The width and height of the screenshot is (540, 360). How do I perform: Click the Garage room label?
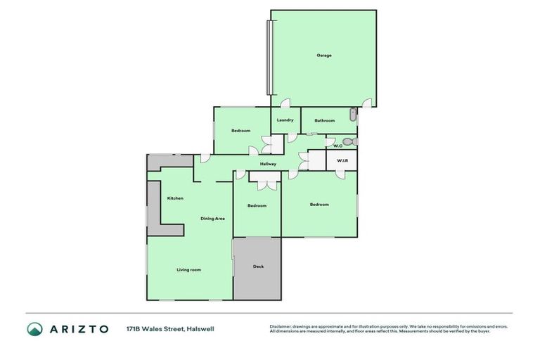pos(323,56)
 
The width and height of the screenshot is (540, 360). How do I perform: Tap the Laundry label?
pos(285,120)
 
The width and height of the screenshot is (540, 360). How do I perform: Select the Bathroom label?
pos(325,120)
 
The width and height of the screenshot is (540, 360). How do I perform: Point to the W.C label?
pos(337,145)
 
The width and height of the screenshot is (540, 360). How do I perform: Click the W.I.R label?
pos(342,160)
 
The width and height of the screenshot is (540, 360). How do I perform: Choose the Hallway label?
pos(268,164)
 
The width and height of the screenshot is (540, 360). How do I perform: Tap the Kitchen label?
pos(175,198)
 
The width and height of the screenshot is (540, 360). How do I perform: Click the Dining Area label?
pos(212,219)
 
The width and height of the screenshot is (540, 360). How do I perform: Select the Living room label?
pos(189,269)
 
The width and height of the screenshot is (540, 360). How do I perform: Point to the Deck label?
pos(258,266)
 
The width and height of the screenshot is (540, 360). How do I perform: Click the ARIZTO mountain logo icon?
pos(35,328)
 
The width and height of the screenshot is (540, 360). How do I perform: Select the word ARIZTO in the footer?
pos(79,328)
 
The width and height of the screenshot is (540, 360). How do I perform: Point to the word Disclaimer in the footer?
pos(280,326)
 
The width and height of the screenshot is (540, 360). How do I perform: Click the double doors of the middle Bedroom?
pos(265,185)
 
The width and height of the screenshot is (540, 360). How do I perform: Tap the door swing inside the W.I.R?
pos(340,174)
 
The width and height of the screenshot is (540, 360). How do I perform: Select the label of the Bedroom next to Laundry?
pos(241,131)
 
